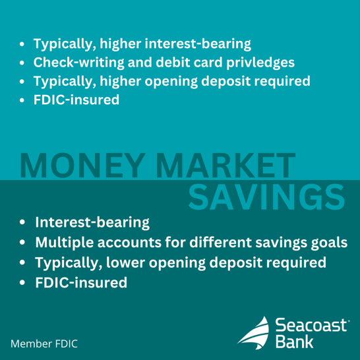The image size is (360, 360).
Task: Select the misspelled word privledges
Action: (x=258, y=63)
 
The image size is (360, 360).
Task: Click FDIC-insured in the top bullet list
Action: (x=76, y=101)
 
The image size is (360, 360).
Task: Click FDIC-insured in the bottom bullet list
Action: (x=80, y=282)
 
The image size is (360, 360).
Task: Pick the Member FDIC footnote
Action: (x=44, y=344)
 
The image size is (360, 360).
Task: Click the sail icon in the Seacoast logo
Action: (x=254, y=332)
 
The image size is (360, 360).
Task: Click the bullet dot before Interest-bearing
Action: (x=23, y=223)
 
